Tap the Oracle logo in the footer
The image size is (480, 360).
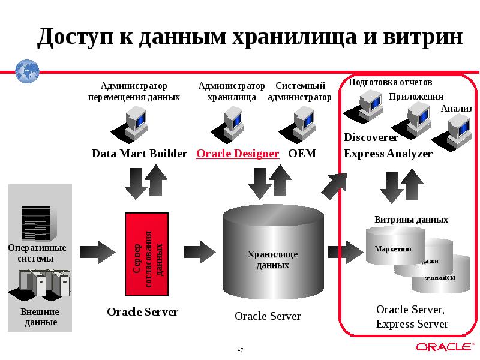coord(443,347)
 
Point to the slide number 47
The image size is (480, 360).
coord(240,350)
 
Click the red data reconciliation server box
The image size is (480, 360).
coord(147,254)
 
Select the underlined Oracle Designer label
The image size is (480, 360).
coord(238,154)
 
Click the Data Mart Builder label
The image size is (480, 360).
coord(139,154)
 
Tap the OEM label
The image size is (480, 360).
coord(302,154)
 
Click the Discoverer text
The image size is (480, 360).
coord(371,137)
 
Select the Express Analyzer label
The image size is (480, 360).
coord(388,154)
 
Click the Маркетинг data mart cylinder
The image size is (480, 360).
coord(394,248)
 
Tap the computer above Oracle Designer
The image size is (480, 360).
coord(232,122)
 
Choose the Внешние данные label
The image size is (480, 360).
coord(40,317)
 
